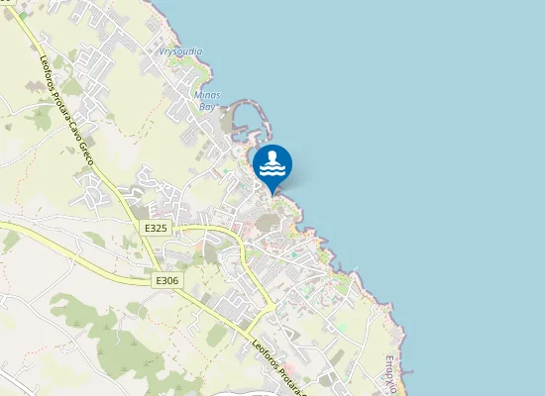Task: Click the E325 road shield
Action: click(157, 229)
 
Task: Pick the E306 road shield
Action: click(167, 281)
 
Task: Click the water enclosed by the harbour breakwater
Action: click(248, 124)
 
